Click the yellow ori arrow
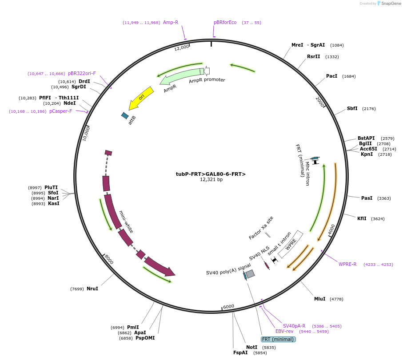point(141,98)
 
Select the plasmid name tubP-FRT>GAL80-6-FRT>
point(211,174)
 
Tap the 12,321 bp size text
point(211,180)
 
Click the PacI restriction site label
point(331,76)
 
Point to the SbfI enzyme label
point(352,109)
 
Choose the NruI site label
point(92,289)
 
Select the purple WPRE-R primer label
point(347,265)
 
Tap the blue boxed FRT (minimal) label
point(279,340)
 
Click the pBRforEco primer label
point(225,22)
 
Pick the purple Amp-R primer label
point(171,22)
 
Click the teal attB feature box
point(125,115)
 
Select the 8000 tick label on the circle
point(109,259)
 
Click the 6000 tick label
point(228,307)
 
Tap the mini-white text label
point(126,222)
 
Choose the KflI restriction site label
point(362,218)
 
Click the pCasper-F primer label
point(60,111)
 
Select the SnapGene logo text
point(390,4)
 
